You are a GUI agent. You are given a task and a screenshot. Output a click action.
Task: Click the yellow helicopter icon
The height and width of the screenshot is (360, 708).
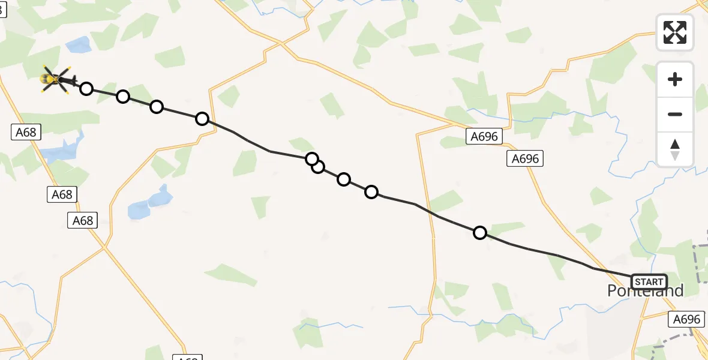click(56, 79)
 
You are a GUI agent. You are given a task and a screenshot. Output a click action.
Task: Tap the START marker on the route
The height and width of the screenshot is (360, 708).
click(649, 282)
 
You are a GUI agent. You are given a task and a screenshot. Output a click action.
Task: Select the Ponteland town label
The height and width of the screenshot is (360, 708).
click(645, 291)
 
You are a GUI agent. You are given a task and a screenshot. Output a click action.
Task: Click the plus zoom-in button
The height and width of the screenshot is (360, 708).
click(675, 79)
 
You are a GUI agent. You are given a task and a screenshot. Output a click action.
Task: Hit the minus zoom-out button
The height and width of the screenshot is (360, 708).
click(675, 114)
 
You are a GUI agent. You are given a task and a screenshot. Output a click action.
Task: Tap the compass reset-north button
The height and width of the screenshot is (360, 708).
click(675, 149)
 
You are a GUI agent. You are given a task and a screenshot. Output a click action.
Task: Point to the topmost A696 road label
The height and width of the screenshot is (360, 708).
click(484, 137)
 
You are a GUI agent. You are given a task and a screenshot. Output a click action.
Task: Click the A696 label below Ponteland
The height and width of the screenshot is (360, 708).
click(686, 320)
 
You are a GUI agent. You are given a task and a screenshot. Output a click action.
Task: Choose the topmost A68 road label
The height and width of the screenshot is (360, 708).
click(26, 132)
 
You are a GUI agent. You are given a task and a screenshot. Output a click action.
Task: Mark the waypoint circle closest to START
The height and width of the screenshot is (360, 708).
click(480, 233)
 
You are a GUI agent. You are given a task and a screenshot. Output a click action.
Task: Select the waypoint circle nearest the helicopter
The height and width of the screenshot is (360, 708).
click(86, 89)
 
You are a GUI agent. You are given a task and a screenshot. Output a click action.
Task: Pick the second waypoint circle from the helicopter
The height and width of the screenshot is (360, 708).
click(123, 97)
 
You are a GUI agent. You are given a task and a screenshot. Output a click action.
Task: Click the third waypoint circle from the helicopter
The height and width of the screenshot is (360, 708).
click(157, 107)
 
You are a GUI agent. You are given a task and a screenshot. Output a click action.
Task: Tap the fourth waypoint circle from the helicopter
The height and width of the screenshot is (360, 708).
click(202, 119)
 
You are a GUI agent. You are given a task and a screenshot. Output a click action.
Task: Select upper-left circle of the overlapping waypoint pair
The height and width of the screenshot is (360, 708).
click(311, 158)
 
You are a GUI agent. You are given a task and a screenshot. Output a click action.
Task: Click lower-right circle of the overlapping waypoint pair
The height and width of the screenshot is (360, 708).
click(318, 167)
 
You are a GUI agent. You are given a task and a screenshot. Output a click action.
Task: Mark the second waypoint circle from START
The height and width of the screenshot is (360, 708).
click(371, 192)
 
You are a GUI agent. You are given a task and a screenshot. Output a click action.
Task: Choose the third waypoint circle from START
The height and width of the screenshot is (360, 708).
click(344, 179)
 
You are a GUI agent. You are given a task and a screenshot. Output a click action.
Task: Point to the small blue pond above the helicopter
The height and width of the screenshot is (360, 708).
click(79, 44)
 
